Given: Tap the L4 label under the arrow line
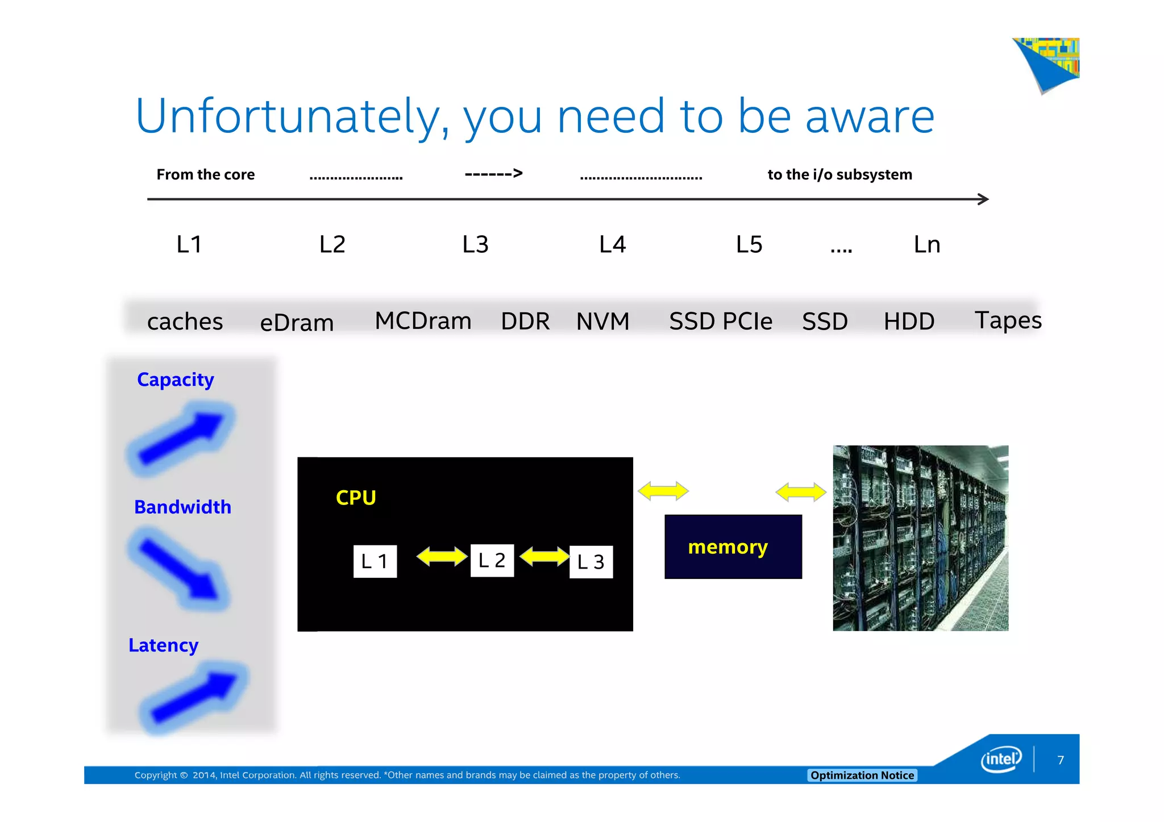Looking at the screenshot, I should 612,245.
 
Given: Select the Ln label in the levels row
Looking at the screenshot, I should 926,245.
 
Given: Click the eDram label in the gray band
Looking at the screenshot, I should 297,323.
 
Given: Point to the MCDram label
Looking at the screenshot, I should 423,321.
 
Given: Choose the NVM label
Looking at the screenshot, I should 602,322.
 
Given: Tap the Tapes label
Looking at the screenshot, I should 1008,320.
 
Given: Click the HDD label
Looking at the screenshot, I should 909,322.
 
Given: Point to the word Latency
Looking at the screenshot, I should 163,645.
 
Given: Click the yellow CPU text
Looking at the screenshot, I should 356,498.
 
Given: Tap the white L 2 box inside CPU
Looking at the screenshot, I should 492,561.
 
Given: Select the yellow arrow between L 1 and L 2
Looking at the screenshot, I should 442,557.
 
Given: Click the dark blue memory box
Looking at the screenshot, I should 733,546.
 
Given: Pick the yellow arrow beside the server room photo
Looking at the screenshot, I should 801,492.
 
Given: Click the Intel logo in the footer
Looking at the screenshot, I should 1001,760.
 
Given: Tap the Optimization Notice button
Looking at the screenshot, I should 862,775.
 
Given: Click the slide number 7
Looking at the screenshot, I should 1060,760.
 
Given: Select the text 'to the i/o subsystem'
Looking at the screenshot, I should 839,174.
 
